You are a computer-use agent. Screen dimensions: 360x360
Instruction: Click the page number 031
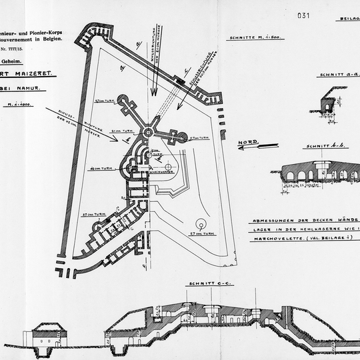[303, 15]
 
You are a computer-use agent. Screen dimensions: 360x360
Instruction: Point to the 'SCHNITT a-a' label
[334, 75]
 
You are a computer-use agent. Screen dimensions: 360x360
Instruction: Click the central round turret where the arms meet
[148, 132]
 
